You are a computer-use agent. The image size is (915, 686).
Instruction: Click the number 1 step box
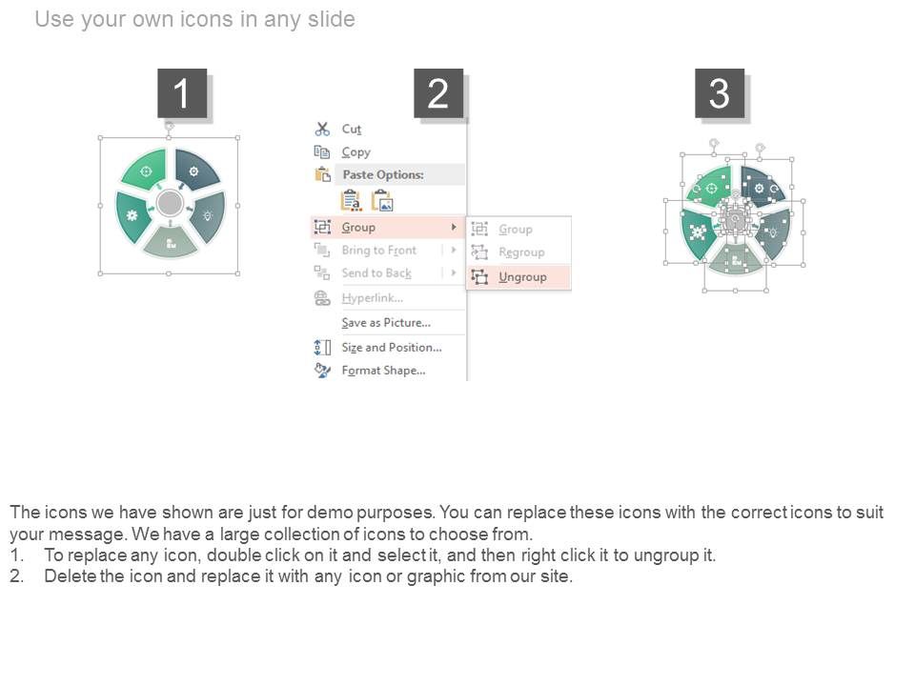[x=181, y=93]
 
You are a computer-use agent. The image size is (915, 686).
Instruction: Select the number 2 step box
[x=438, y=93]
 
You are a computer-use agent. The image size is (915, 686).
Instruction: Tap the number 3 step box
[x=719, y=93]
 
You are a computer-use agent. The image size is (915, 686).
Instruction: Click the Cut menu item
[x=351, y=129]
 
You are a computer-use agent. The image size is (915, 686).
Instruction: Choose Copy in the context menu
[x=356, y=151]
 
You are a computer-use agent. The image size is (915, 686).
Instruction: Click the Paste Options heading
[x=382, y=174]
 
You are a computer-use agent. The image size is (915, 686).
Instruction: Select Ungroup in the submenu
[x=522, y=277]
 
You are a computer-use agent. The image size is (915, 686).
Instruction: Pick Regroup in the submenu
[x=521, y=252]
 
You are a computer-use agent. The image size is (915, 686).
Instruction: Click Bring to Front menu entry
[x=378, y=251]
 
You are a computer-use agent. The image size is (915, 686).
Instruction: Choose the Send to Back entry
[x=376, y=273]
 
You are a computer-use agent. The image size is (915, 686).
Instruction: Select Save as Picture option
[x=386, y=323]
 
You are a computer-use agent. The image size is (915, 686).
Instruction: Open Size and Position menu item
[x=391, y=348]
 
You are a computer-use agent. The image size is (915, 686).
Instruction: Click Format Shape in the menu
[x=383, y=371]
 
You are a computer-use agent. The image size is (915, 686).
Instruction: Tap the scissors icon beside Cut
[x=322, y=129]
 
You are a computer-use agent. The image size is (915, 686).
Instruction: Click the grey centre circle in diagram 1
[x=170, y=203]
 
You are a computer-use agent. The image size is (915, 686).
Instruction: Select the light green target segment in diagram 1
[x=147, y=171]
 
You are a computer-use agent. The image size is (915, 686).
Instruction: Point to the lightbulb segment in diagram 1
[x=207, y=216]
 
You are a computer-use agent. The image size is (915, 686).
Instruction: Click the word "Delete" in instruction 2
[x=70, y=576]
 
